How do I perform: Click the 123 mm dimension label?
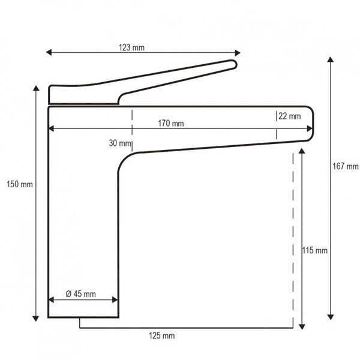coord(131,47)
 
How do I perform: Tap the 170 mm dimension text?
coord(171,124)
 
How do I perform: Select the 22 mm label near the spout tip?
coord(290,116)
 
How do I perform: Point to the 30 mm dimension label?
coord(120,143)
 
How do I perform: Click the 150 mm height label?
coord(20,184)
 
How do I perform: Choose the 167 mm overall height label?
coord(346,166)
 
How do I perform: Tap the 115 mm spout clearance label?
coord(315,250)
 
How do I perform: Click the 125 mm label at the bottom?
coord(162,335)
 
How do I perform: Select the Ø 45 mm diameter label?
coord(80,294)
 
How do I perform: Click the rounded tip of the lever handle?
coord(234,64)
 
